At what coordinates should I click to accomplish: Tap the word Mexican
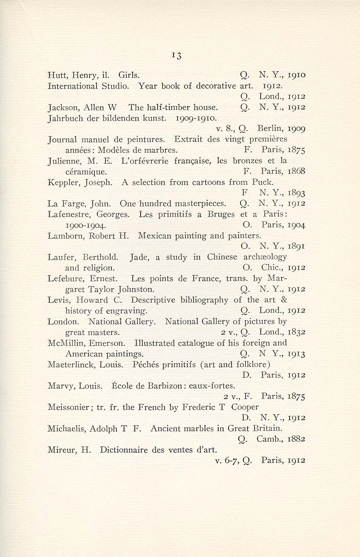click(153, 236)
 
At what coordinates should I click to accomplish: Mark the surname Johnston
click(136, 289)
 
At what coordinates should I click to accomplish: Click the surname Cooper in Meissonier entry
click(245, 407)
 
